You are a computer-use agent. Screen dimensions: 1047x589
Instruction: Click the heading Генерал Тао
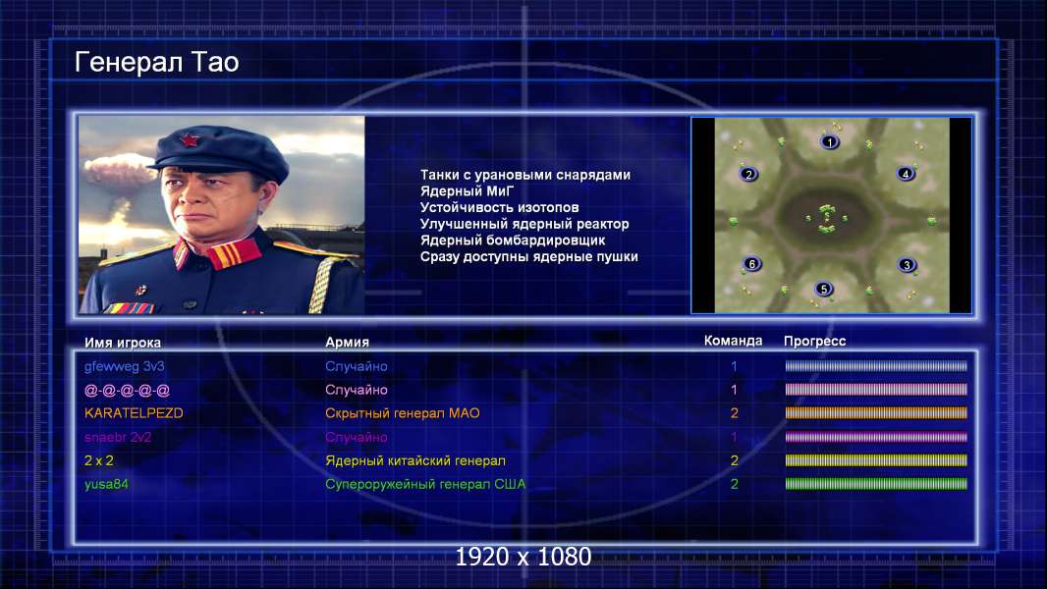pyautogui.click(x=156, y=62)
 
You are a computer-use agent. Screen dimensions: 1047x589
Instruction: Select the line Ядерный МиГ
pyautogui.click(x=467, y=190)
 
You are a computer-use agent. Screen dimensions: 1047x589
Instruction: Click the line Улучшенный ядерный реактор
pyautogui.click(x=524, y=224)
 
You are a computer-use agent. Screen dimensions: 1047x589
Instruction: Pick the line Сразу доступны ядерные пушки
pyautogui.click(x=528, y=256)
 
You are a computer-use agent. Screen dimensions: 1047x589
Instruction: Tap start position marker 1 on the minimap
pyautogui.click(x=829, y=141)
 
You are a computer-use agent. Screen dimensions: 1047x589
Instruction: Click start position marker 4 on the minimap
pyautogui.click(x=906, y=174)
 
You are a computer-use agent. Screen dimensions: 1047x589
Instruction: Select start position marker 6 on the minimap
pyautogui.click(x=752, y=263)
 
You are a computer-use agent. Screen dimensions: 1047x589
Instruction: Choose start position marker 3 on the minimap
pyautogui.click(x=907, y=264)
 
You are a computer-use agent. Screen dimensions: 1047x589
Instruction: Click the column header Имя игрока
pyautogui.click(x=122, y=343)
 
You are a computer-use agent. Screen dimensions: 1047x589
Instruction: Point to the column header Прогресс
pyautogui.click(x=814, y=341)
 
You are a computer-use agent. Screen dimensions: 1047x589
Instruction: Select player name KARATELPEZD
pyautogui.click(x=134, y=413)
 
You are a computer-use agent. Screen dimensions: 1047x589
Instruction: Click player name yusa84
pyautogui.click(x=106, y=484)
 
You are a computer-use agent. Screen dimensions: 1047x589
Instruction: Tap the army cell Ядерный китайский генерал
pyautogui.click(x=415, y=460)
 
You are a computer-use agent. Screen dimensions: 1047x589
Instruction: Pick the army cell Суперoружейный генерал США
pyautogui.click(x=425, y=484)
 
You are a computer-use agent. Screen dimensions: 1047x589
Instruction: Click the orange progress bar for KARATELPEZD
pyautogui.click(x=876, y=413)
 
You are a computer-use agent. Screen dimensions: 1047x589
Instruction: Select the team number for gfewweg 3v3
pyautogui.click(x=734, y=365)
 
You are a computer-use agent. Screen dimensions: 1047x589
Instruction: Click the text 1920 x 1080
pyautogui.click(x=523, y=557)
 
